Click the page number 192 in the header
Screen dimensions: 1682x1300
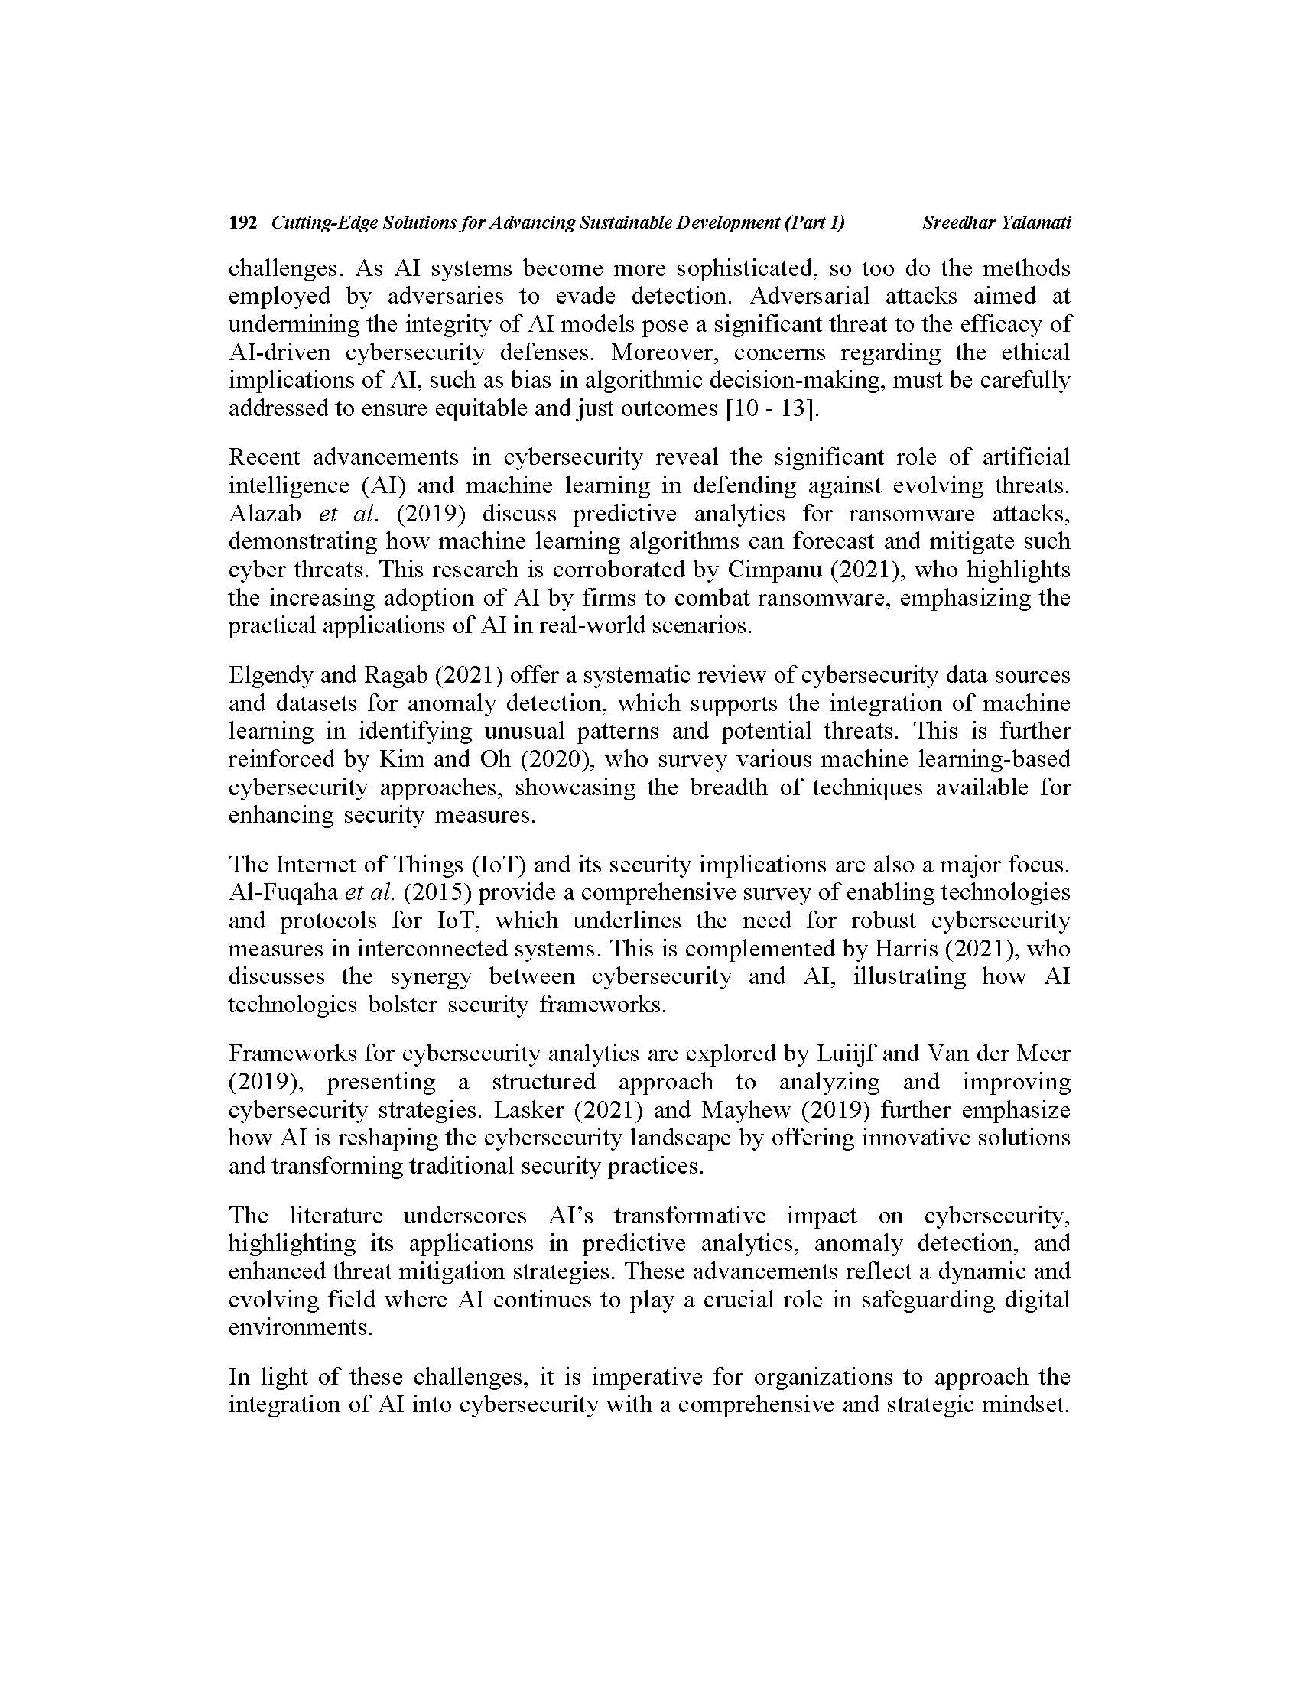(x=242, y=222)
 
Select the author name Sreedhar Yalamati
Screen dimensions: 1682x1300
(x=996, y=222)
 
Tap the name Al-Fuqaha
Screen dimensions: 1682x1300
(x=284, y=892)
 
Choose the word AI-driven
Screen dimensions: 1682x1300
(x=280, y=352)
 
